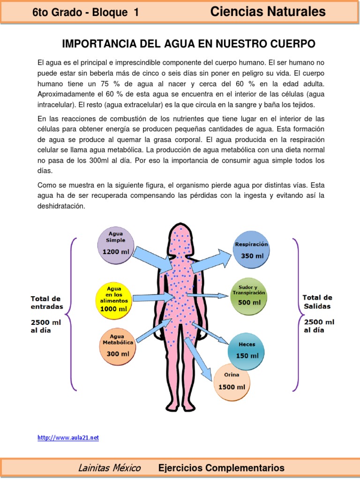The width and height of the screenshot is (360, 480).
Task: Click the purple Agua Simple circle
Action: click(115, 245)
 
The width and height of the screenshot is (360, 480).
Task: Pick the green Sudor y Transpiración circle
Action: click(249, 297)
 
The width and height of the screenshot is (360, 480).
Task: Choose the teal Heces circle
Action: click(246, 351)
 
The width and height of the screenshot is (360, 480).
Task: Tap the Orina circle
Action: click(232, 382)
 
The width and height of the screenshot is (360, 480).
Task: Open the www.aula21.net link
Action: click(68, 438)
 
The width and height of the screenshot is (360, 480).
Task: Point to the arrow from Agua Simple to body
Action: click(152, 260)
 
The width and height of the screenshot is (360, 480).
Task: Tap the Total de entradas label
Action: click(46, 302)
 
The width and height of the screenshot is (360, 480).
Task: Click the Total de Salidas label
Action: click(317, 302)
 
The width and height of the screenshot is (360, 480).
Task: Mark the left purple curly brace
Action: click(72, 314)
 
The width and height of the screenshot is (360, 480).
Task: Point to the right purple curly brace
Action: click(296, 314)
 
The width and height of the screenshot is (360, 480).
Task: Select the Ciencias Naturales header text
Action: click(268, 12)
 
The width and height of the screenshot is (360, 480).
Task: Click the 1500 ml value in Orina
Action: click(232, 387)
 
